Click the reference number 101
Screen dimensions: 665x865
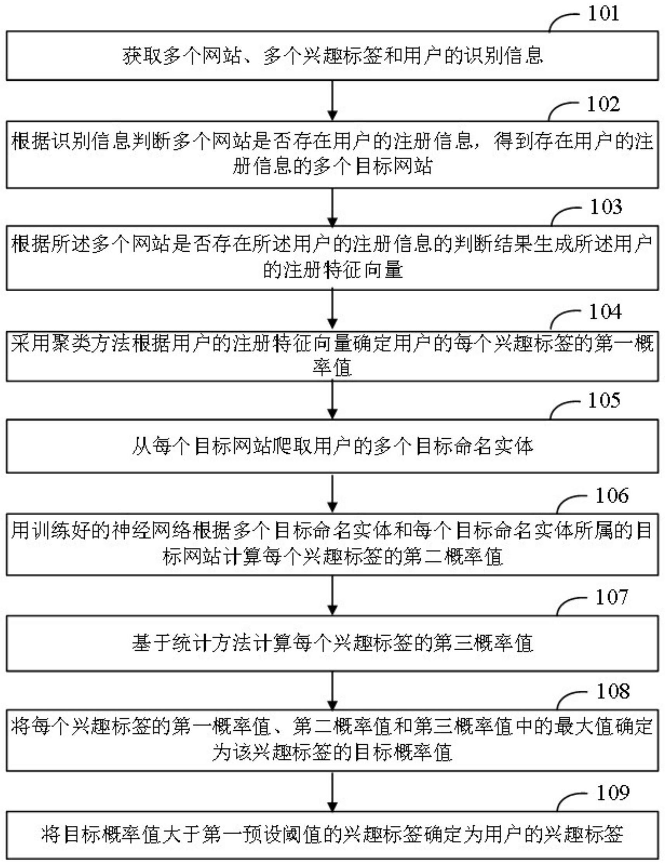[603, 14]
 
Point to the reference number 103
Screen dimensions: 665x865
[606, 207]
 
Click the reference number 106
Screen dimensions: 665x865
[612, 495]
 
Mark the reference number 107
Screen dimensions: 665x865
[612, 597]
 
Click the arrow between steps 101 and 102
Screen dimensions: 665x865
[332, 101]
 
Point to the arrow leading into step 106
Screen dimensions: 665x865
[332, 493]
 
